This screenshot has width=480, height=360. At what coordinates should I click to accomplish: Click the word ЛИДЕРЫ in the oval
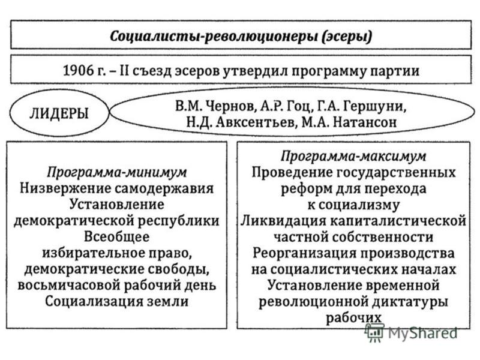59,113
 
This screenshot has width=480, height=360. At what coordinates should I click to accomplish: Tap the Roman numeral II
125,71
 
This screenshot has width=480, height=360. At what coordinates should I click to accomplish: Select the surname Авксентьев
257,122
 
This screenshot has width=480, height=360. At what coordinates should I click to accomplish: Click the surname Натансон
364,122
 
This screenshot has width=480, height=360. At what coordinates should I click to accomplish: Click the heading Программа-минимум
116,172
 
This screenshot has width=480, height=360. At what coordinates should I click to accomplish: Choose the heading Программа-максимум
353,156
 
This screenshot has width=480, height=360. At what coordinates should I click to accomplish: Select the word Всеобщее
116,236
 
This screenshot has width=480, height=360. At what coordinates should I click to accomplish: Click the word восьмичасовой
68,285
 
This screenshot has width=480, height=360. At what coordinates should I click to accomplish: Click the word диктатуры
410,302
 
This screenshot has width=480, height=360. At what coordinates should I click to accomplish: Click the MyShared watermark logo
411,332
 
